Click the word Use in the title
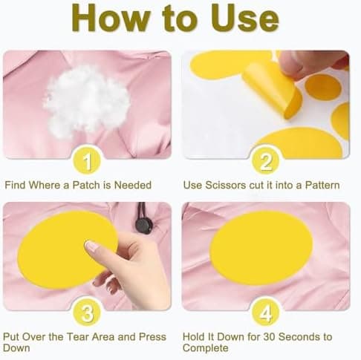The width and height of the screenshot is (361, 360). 245,18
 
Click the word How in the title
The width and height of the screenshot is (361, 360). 111,18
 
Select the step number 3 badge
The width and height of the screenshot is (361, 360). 87,312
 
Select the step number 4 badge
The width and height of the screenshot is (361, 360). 265,312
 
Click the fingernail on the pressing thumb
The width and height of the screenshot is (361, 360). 91,246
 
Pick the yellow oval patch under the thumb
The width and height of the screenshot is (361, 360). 68,250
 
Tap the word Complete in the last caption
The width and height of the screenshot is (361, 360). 206,348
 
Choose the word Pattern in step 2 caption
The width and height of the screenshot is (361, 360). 322,185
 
